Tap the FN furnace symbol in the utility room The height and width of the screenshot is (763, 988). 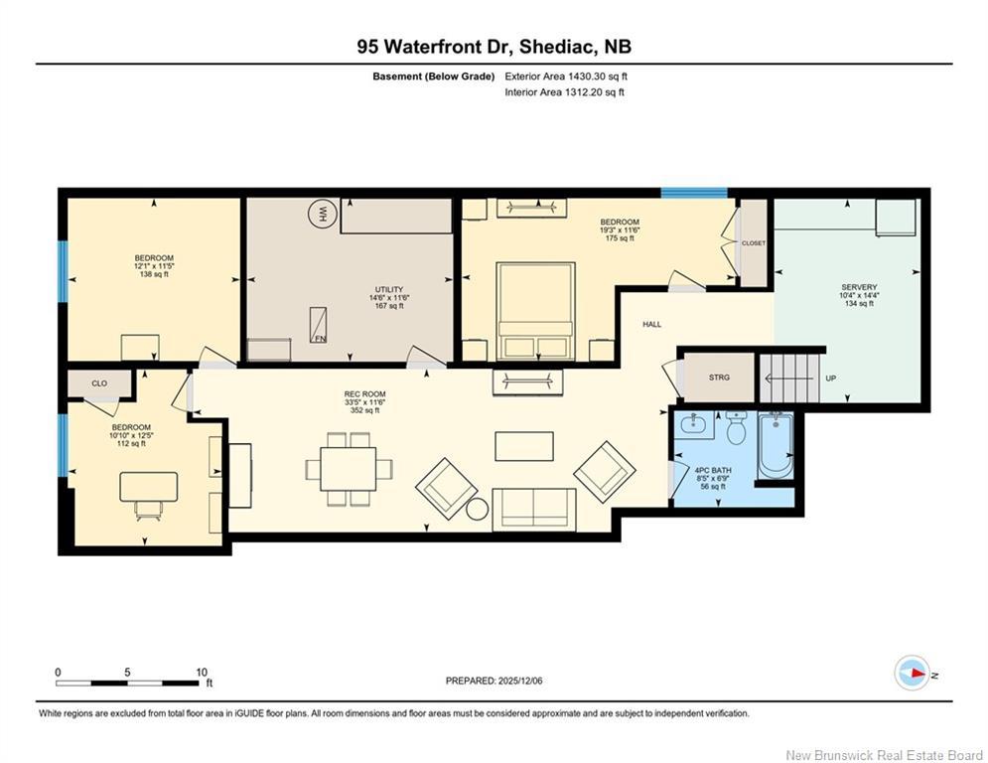tap(319, 323)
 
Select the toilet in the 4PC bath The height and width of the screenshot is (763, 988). tap(736, 428)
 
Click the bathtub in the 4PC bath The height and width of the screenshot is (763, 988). tap(774, 446)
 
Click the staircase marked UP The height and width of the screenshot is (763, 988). tap(791, 378)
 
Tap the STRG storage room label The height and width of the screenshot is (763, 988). tap(719, 378)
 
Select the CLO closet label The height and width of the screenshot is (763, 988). tap(99, 382)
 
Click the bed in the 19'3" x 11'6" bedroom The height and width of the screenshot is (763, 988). tap(536, 310)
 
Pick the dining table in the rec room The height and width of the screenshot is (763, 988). tap(348, 469)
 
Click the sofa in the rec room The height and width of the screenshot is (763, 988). tap(533, 508)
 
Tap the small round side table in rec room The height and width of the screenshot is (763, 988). tap(477, 510)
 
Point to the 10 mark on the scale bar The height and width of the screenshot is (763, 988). tap(202, 672)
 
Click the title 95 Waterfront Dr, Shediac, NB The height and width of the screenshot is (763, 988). tap(494, 46)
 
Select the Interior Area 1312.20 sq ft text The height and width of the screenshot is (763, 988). tap(566, 92)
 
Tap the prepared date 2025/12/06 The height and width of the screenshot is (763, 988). tap(494, 681)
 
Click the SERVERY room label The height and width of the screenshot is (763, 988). tap(858, 287)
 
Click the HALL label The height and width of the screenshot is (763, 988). tap(651, 324)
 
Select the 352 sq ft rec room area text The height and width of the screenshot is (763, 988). tap(357, 410)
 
